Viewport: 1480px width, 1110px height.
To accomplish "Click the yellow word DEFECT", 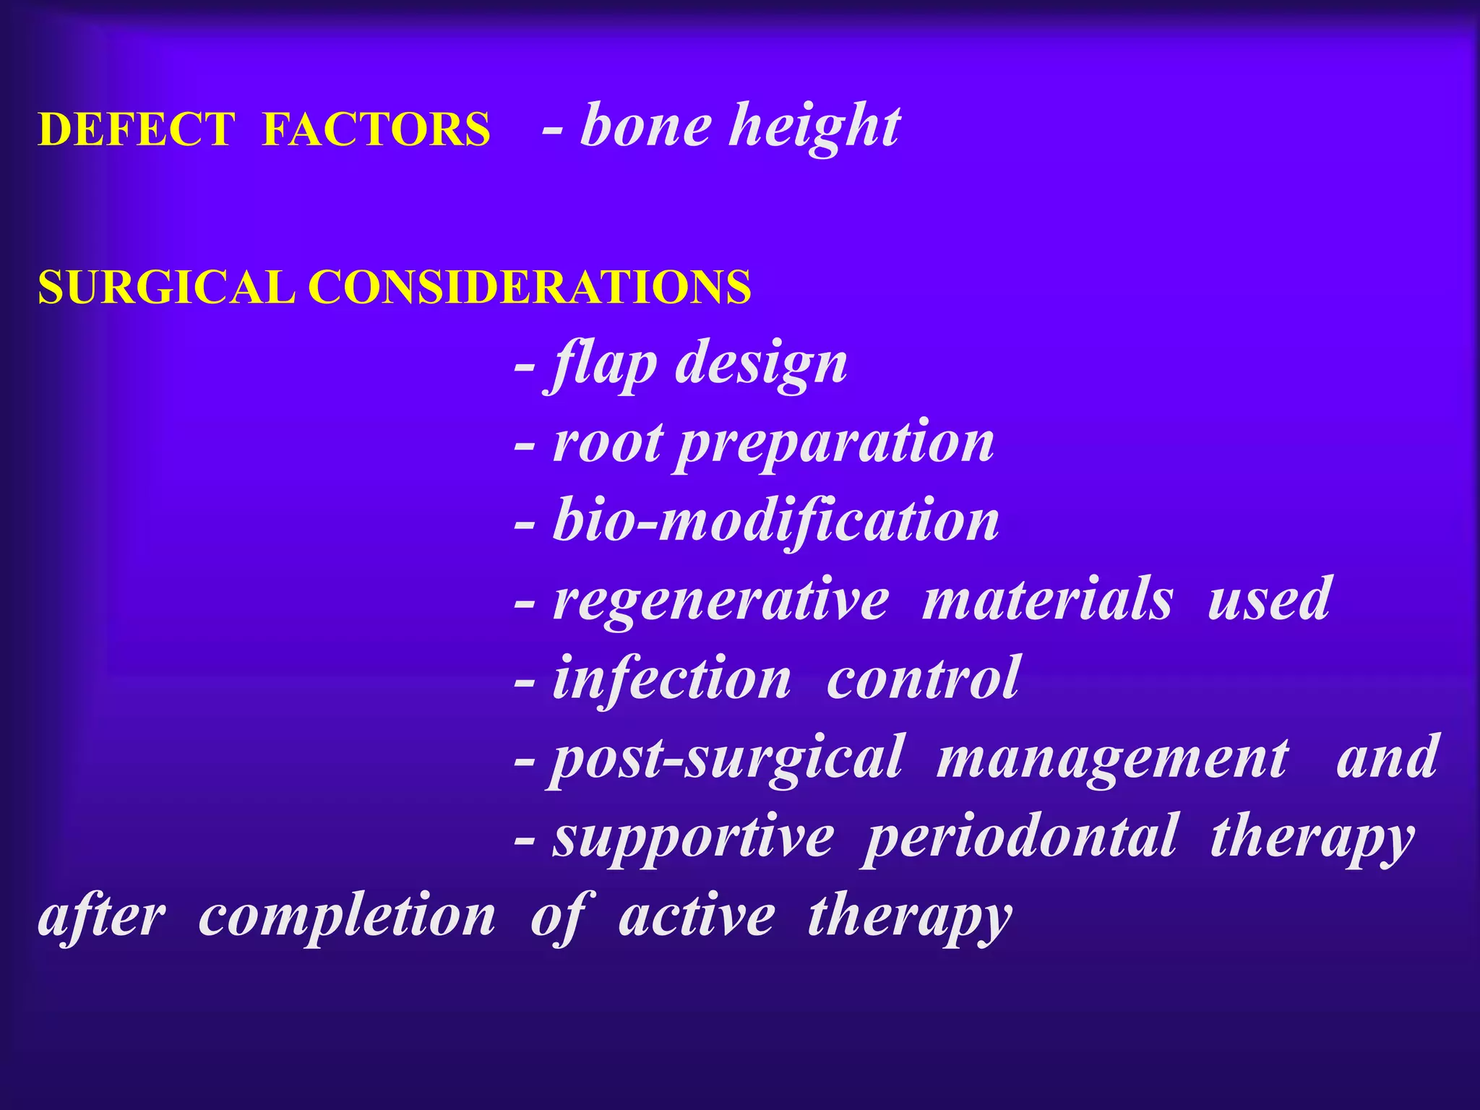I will coord(137,130).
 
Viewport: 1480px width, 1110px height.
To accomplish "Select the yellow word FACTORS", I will coord(376,130).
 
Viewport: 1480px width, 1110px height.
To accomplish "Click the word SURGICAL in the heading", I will coord(166,287).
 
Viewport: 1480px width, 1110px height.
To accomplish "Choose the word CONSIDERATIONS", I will coord(530,287).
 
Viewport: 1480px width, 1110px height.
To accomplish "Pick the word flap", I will coord(602,365).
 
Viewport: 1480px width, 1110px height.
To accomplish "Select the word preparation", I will coord(835,444).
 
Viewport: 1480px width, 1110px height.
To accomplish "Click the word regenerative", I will coord(720,600).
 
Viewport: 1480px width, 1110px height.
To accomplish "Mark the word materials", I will coord(1047,600).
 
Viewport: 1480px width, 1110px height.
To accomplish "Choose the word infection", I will coord(671,679).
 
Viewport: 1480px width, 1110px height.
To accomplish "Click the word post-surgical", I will coord(727,759).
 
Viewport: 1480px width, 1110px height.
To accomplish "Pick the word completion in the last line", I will coord(347,918).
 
